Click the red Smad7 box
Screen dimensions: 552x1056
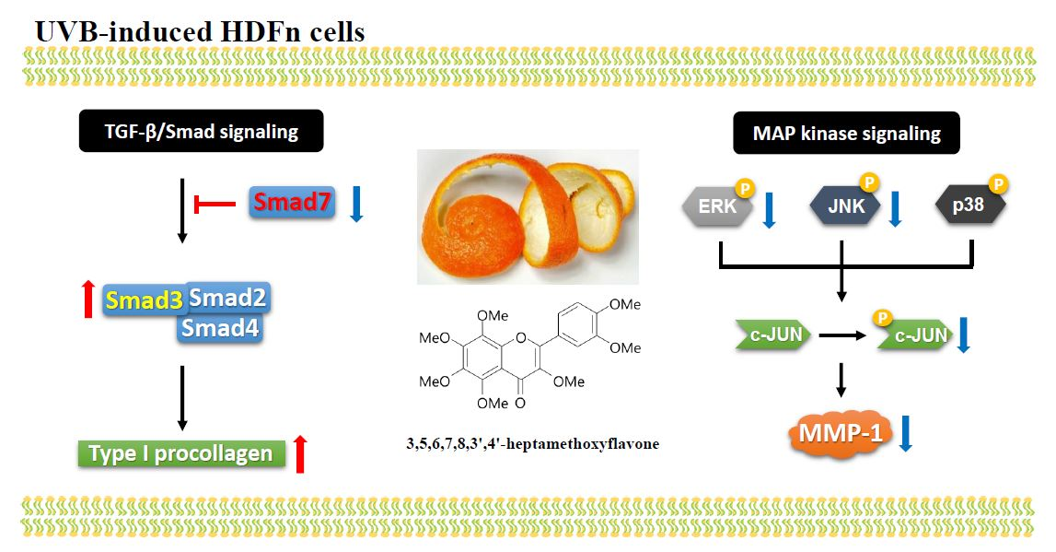point(292,202)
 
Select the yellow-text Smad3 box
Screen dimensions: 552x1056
point(144,299)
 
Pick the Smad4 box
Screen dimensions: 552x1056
point(219,328)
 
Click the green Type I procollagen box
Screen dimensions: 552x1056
point(180,453)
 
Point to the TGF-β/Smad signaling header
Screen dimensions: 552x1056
point(201,132)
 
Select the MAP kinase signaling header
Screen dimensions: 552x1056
point(846,134)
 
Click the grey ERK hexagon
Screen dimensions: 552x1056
point(717,206)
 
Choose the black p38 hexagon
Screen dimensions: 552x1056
point(969,206)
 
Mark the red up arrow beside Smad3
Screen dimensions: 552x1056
point(88,299)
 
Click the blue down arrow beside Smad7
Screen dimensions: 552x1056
point(357,203)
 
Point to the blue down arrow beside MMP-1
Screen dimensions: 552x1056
point(905,433)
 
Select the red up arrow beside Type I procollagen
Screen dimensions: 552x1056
point(299,453)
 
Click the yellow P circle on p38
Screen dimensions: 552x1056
point(998,183)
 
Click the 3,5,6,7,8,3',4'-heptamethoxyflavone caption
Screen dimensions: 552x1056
point(532,444)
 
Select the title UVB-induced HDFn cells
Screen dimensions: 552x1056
point(200,31)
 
